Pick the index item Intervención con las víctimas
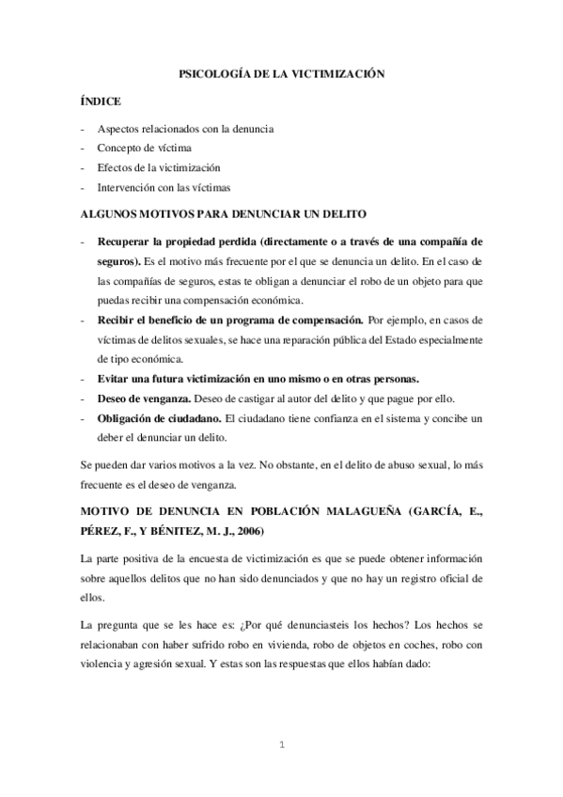click(x=164, y=187)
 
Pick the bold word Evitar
click(x=114, y=378)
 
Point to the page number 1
click(x=281, y=745)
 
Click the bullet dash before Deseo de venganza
click(x=85, y=398)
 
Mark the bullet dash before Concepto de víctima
click(x=85, y=148)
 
